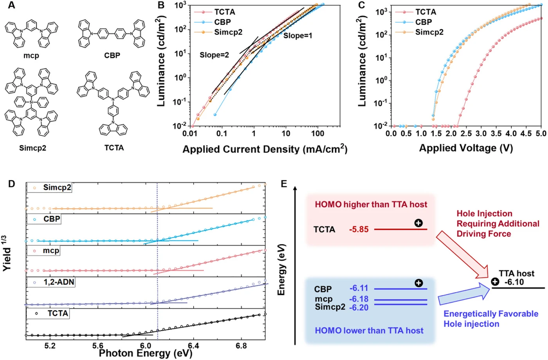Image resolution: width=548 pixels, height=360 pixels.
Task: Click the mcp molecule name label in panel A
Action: coord(31,56)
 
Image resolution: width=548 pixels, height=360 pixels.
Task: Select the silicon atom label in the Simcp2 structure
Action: coord(31,102)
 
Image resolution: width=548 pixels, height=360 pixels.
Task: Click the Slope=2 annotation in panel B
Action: coord(215,55)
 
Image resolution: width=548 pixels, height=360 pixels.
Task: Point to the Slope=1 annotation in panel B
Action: coord(298,36)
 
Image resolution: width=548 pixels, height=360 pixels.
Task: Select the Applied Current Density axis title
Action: coord(265,149)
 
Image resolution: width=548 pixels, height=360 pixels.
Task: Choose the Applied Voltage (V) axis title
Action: coord(466,148)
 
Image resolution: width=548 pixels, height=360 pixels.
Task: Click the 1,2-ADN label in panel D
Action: coord(59,282)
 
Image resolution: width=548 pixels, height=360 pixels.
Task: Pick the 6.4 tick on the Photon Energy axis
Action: coord(193,346)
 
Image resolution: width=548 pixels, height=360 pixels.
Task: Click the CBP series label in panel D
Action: coord(52,219)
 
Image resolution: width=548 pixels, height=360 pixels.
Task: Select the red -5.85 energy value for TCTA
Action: coord(359,229)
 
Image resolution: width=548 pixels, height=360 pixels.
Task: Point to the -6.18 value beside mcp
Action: coord(359,299)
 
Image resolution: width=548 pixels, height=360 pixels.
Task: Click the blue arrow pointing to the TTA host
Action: coord(464,294)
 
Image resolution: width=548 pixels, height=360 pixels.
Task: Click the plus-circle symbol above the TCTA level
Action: coord(418,223)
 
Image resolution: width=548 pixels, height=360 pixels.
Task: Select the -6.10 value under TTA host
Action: coord(514,282)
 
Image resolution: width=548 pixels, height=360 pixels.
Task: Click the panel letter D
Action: coord(11,184)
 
